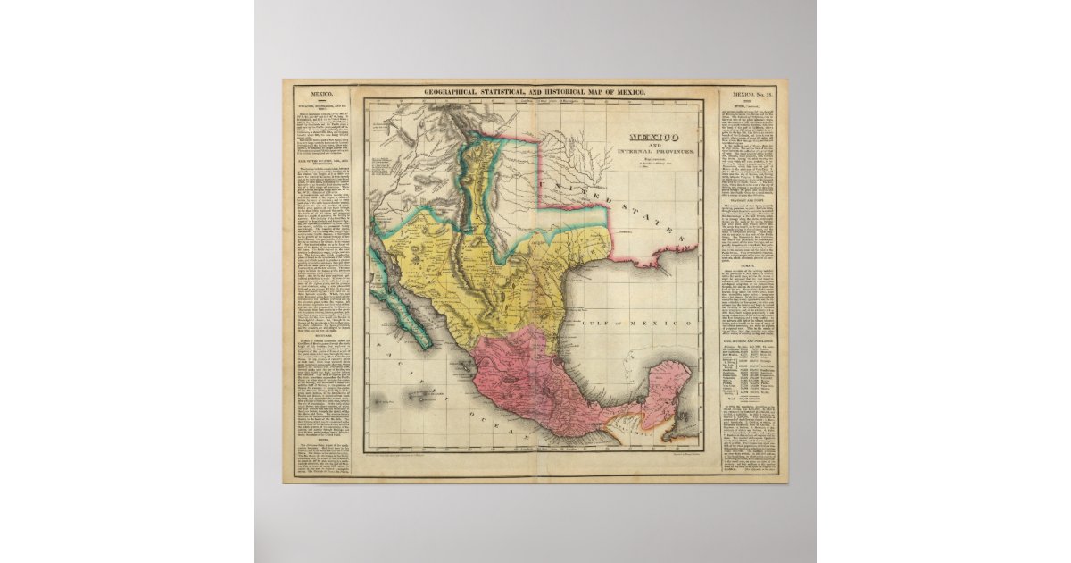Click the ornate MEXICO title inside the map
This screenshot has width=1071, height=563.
pyautogui.click(x=652, y=136)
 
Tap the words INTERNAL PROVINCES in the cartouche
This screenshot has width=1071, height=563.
pyautogui.click(x=652, y=154)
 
